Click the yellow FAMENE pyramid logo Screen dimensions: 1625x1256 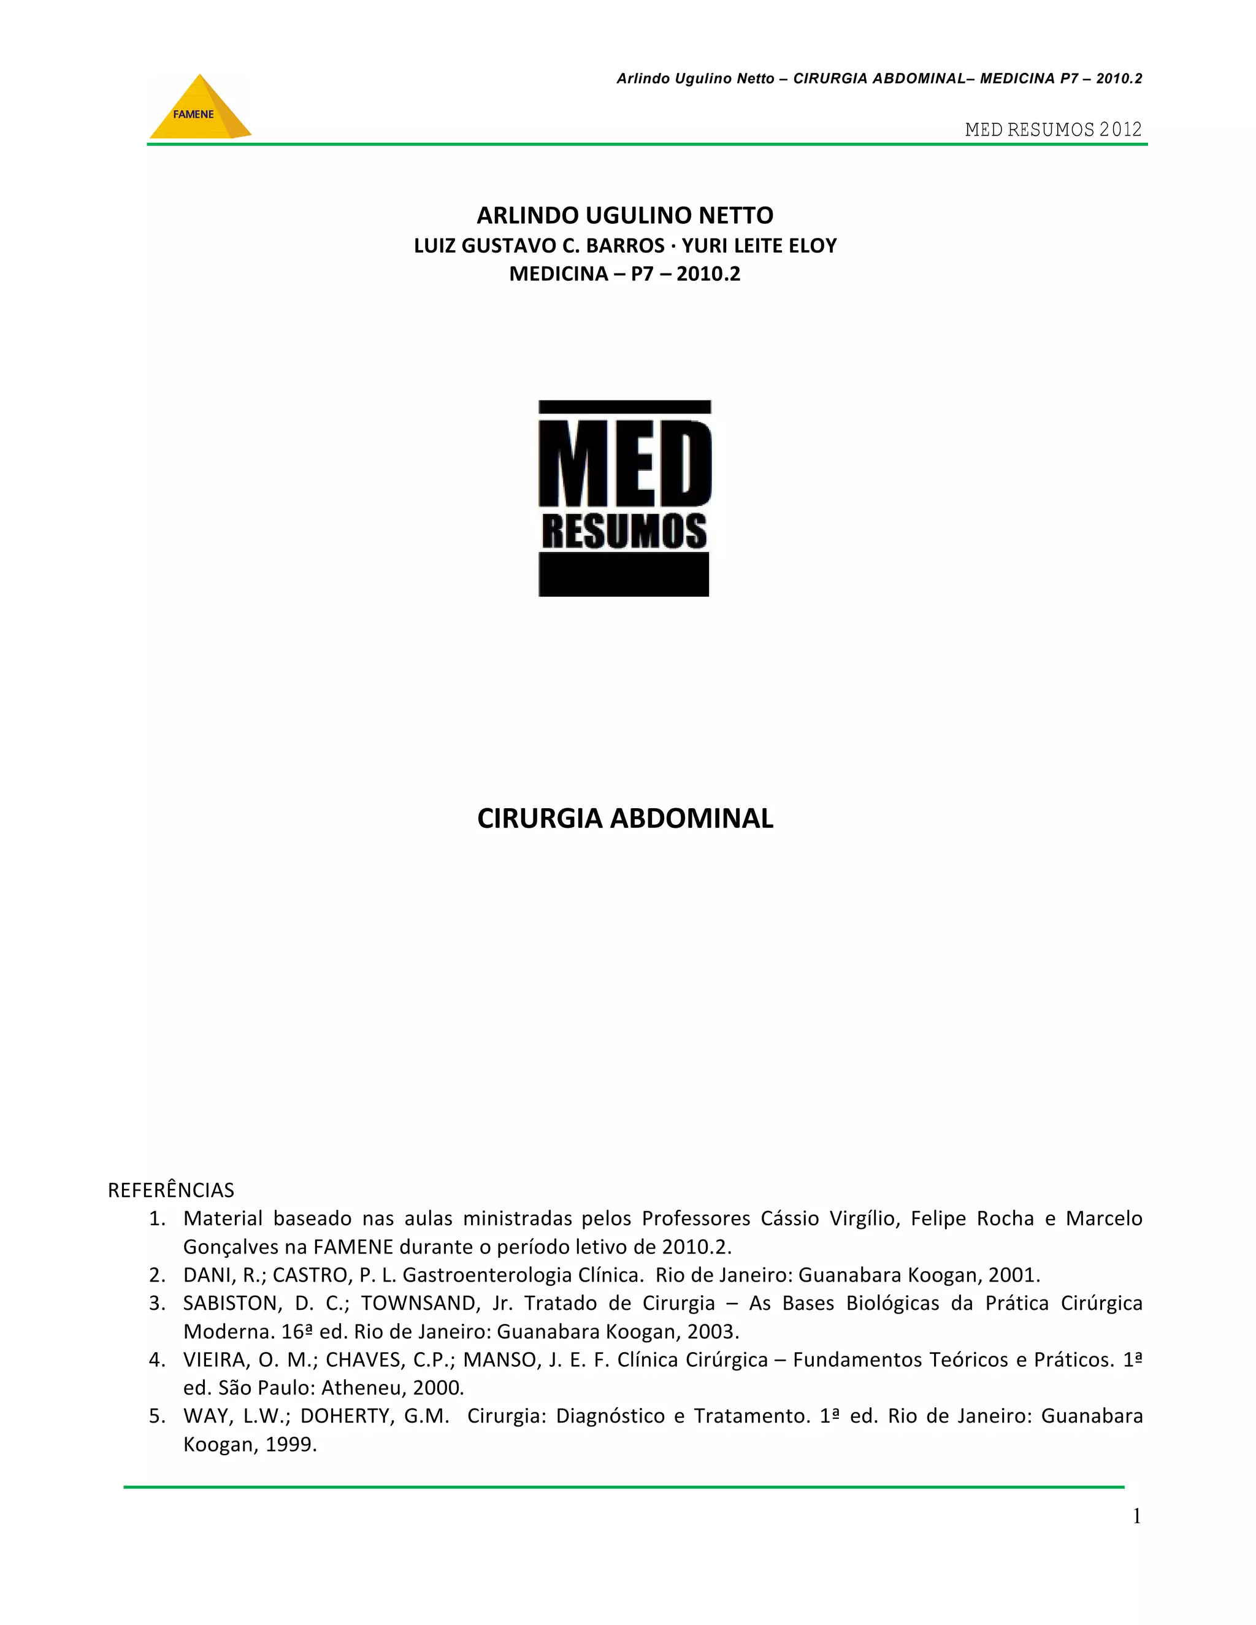[199, 109]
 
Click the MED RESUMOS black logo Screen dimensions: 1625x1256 [624, 498]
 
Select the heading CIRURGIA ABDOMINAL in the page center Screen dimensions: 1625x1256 [625, 819]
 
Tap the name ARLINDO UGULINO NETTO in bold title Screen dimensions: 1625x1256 [625, 216]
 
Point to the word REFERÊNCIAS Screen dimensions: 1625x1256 [171, 1190]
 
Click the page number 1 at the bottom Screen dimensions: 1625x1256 [1136, 1516]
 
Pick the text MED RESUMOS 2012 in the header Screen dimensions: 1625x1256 [1053, 129]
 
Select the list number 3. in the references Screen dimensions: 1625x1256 [156, 1303]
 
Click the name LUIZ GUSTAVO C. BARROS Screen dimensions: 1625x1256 [540, 245]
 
